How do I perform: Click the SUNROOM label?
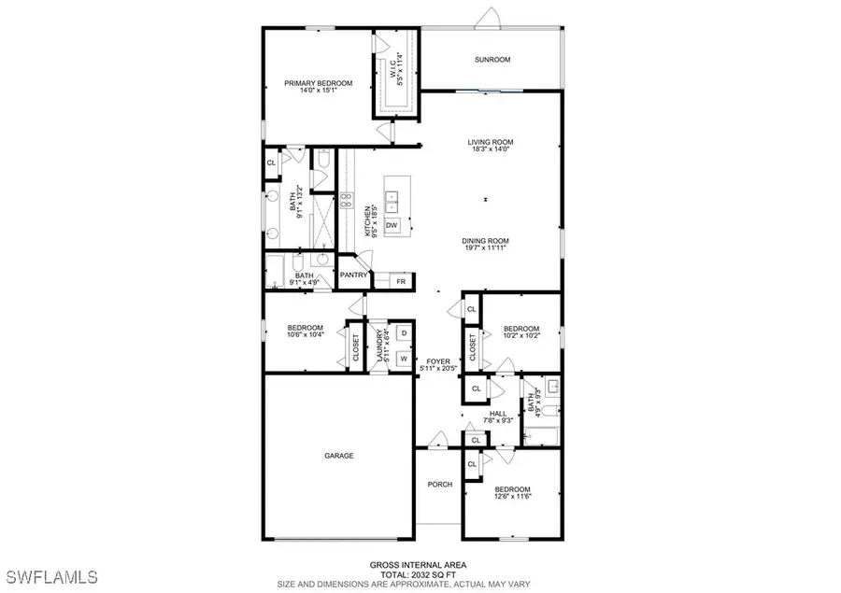[492, 61]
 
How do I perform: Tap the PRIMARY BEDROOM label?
[319, 83]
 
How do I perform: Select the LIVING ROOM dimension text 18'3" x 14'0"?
[492, 151]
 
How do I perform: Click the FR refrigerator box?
[401, 280]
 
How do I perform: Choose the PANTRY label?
[353, 275]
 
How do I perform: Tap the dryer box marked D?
[404, 333]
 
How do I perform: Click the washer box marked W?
[404, 357]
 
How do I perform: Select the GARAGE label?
[339, 456]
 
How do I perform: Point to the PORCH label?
[439, 485]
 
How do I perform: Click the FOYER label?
[438, 361]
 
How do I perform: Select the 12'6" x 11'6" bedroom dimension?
[513, 498]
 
